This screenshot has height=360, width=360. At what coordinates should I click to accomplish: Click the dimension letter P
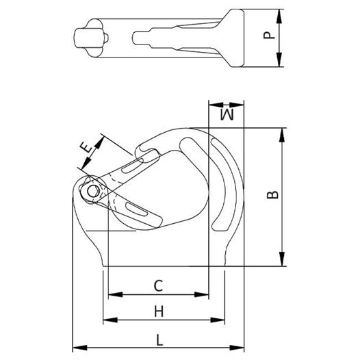[269, 35]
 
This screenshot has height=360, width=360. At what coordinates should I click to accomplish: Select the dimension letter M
[227, 115]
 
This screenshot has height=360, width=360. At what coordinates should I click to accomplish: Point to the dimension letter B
[272, 194]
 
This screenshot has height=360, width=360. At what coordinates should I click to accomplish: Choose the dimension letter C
[158, 286]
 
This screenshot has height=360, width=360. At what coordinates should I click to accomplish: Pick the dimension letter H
[159, 311]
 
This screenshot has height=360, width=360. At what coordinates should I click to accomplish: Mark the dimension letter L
[159, 340]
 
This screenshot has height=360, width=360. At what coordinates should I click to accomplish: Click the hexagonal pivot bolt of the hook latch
[93, 191]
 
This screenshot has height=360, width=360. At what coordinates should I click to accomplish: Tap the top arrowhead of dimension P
[279, 16]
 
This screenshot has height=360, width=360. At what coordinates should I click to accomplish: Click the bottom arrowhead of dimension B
[282, 259]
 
